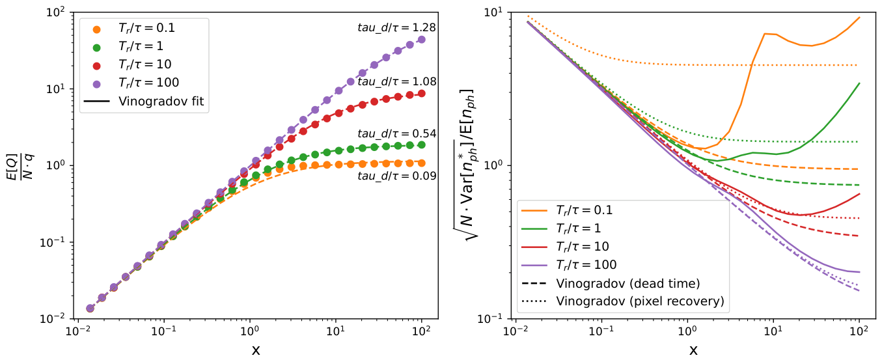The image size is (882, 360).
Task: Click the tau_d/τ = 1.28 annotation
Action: coord(396,27)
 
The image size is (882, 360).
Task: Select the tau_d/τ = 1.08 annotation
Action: coord(396,81)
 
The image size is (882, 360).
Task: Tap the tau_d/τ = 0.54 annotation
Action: coord(396,134)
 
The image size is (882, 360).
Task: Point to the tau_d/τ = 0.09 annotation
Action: coord(396,176)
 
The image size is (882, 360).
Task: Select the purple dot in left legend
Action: coord(96,84)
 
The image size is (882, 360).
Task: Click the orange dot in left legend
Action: coord(96,29)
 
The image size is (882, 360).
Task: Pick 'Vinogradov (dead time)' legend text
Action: coord(628,283)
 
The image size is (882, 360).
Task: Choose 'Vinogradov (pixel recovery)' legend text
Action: coord(641,301)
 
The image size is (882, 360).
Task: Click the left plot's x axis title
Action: coord(256,350)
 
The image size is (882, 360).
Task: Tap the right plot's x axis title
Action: coord(693,350)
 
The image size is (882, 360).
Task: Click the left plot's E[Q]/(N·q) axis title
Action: coord(20,166)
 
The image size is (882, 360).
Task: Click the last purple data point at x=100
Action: coord(421,40)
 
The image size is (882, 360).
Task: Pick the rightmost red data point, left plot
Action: coord(421,94)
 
